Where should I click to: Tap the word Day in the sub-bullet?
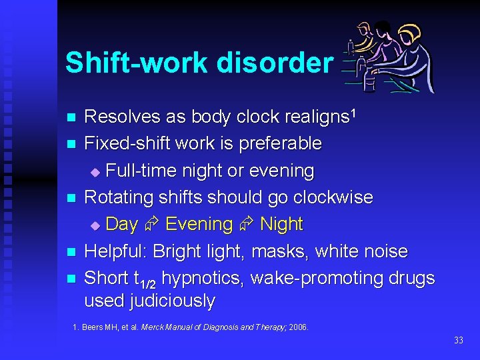121,225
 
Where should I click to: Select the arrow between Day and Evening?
151,225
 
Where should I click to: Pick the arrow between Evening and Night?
247,225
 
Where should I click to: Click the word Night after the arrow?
281,225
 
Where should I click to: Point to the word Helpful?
116,251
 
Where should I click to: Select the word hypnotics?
203,278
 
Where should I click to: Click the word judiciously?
172,301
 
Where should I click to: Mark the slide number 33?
458,341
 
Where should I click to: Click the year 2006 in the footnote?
298,327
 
